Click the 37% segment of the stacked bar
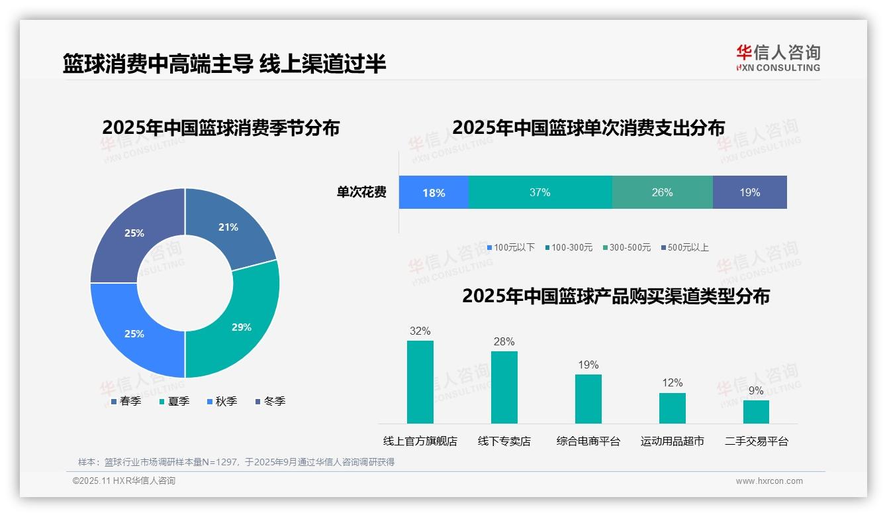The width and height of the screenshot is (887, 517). (540, 192)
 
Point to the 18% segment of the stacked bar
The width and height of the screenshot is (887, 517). (434, 192)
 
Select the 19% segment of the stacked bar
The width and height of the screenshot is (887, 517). (750, 192)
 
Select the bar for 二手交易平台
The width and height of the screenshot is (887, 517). (756, 412)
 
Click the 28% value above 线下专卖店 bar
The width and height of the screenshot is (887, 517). (504, 341)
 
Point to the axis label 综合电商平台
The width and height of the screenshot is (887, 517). (588, 441)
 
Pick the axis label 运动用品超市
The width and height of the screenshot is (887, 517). (672, 441)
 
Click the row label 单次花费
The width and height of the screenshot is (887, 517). (361, 192)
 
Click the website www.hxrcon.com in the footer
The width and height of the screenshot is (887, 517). (769, 481)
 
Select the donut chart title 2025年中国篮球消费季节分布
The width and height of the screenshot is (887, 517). (220, 127)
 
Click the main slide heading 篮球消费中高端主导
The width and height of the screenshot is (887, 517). (158, 64)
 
